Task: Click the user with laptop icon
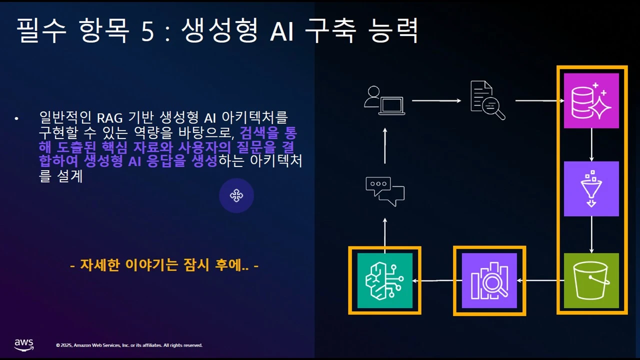(x=384, y=101)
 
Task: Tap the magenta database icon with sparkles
(x=591, y=100)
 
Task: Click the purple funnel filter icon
(x=591, y=188)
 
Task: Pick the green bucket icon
(x=591, y=280)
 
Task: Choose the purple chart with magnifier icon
(x=489, y=280)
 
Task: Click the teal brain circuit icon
(x=384, y=280)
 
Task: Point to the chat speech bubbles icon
(x=384, y=191)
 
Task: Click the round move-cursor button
(x=236, y=195)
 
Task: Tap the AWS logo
(x=23, y=344)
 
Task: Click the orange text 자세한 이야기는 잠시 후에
(x=164, y=265)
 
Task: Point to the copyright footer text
(x=129, y=345)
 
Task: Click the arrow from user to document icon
(x=436, y=101)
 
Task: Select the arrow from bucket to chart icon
(x=540, y=280)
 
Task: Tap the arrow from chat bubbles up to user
(x=384, y=145)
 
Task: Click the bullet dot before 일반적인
(x=16, y=118)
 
